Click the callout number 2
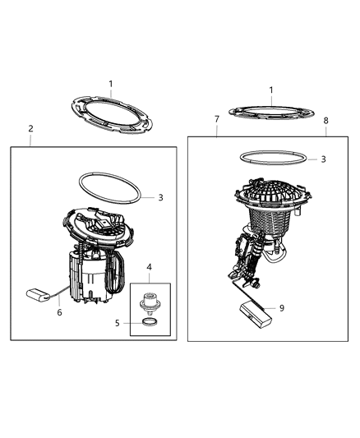(x=30, y=129)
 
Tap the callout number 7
(x=216, y=120)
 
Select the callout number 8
(x=325, y=120)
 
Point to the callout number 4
(x=149, y=267)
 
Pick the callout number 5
(x=117, y=324)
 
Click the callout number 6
(x=58, y=312)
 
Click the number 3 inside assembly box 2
(x=161, y=197)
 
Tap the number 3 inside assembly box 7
(x=323, y=159)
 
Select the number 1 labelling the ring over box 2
(x=112, y=84)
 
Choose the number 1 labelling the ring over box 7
(x=270, y=90)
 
